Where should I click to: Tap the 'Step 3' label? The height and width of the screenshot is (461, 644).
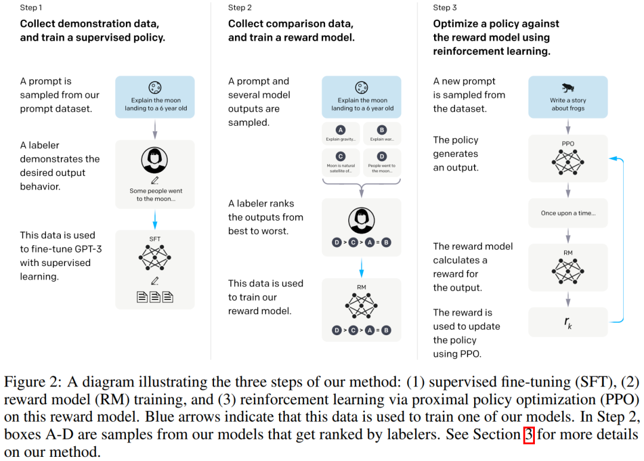click(445, 8)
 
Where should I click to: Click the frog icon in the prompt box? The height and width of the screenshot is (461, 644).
click(567, 87)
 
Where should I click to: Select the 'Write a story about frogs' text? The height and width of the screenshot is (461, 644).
click(568, 104)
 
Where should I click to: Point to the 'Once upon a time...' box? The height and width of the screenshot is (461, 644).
click(568, 213)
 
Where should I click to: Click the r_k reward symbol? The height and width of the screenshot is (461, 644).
click(568, 323)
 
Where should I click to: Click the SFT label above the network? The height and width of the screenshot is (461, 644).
click(154, 239)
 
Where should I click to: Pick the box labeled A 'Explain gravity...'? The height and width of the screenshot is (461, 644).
click(340, 134)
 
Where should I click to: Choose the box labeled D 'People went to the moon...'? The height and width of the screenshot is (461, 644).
click(382, 162)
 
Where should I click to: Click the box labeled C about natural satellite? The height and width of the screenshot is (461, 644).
click(340, 162)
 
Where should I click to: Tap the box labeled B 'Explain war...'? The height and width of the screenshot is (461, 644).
click(382, 134)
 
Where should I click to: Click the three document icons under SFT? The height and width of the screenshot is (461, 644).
click(154, 296)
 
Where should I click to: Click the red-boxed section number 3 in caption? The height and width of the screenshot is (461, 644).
click(528, 435)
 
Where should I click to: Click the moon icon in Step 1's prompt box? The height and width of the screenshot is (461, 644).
click(155, 87)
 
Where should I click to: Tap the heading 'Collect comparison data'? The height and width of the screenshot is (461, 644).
click(290, 24)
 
